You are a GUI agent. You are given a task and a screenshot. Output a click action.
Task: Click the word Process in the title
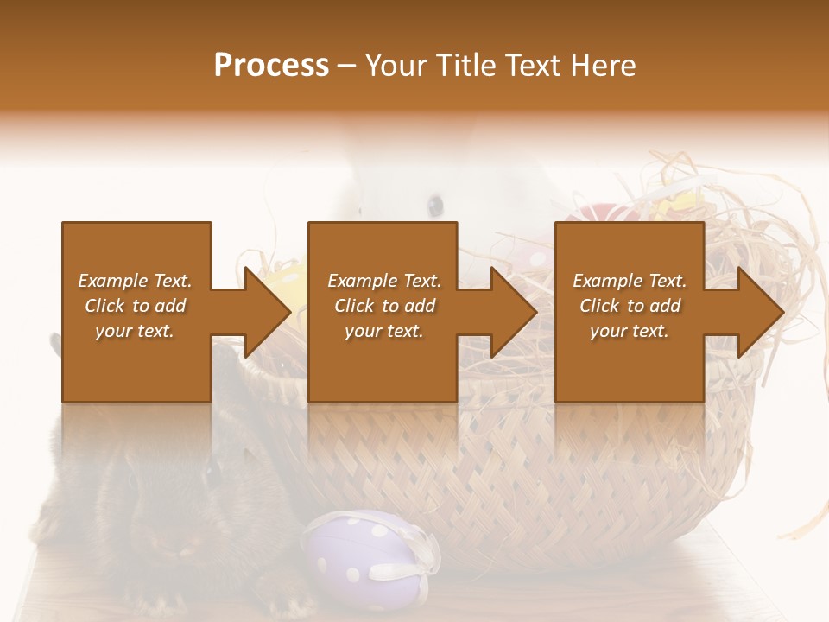tap(271, 66)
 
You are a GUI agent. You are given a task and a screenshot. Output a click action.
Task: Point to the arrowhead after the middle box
tap(513, 312)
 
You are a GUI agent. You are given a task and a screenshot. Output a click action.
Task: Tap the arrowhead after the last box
tap(760, 312)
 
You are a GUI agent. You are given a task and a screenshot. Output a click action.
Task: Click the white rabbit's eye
tap(435, 205)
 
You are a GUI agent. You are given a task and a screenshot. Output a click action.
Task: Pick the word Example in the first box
tap(112, 281)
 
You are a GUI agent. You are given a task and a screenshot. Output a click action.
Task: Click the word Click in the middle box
tap(354, 306)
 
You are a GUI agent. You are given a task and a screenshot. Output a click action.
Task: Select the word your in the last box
tap(608, 331)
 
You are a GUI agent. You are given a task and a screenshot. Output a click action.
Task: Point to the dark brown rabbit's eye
tap(212, 471)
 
